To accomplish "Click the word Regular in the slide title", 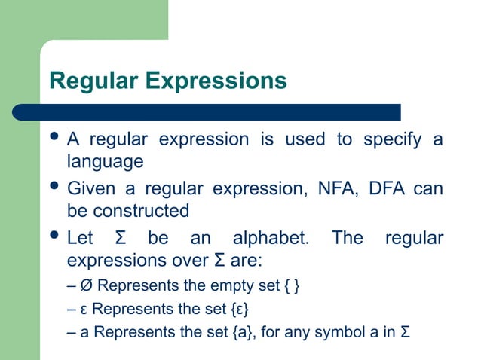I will coord(91,81).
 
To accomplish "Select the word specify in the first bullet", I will coord(391,140).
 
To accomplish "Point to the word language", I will coord(105,162).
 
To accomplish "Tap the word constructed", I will coord(141,210).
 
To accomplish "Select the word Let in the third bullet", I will coord(81,239).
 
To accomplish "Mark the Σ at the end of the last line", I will coord(405,332).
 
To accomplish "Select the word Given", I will coord(90,188).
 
